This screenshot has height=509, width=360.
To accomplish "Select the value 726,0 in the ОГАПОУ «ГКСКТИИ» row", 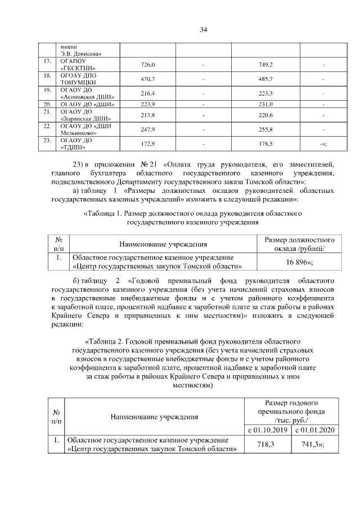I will point(147,65).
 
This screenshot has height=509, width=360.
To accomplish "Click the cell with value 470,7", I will point(147,79).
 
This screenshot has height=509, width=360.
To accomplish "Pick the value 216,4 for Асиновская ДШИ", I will point(147,93).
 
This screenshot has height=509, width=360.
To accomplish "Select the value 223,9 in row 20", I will point(147,104).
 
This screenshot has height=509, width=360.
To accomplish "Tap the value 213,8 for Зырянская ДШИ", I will point(147,115).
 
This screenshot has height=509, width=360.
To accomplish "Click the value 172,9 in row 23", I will point(147,145).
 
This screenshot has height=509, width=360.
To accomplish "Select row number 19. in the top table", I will point(47,90).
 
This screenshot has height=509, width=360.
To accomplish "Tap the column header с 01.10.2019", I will point(268,430).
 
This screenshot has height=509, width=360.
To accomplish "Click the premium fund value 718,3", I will point(268,444).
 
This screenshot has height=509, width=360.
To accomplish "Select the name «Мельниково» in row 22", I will point(77,133).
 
